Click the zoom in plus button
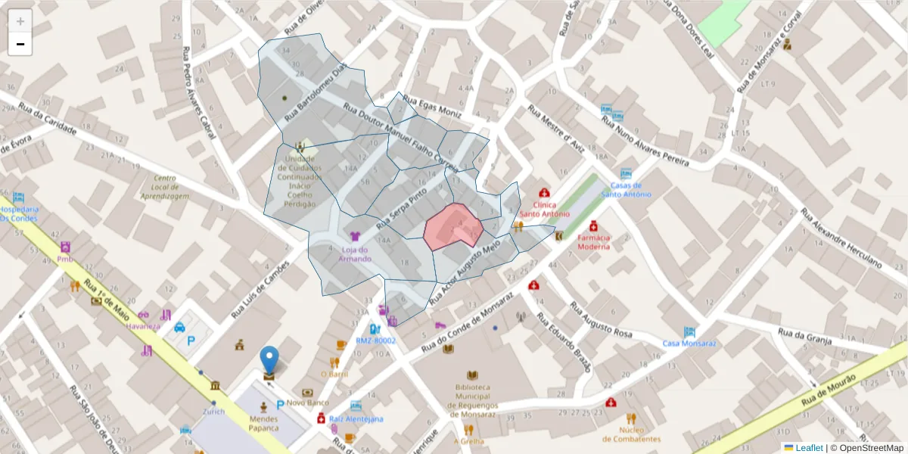pos(20,21)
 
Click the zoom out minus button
pos(20,44)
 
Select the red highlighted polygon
pos(452,227)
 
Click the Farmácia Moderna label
pos(594,241)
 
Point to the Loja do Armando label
pos(355,254)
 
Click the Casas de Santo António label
pos(626,189)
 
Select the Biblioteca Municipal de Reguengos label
pos(473,400)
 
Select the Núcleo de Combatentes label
pos(631,434)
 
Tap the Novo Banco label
pos(307,403)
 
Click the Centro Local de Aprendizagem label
pos(165,188)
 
